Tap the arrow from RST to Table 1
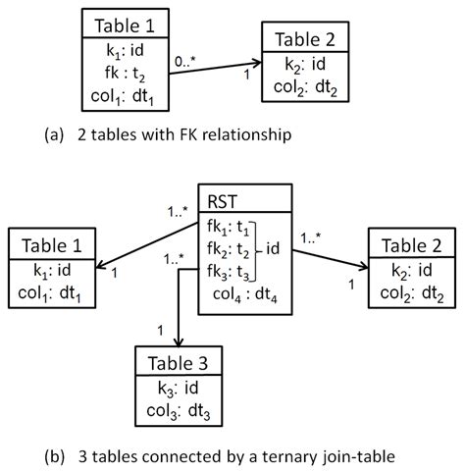147,246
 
